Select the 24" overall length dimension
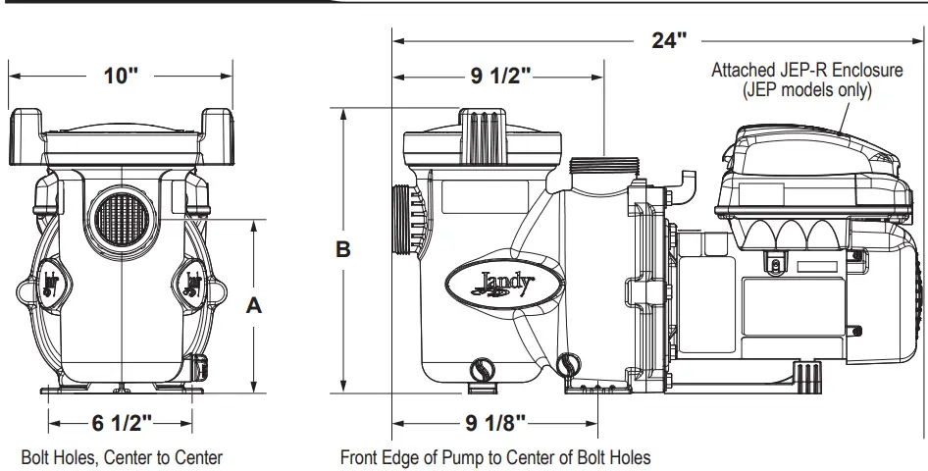coord(669,40)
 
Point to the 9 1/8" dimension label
coord(493,423)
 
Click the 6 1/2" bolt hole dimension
coord(122,423)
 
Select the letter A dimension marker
coord(253,305)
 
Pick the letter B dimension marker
coord(343,250)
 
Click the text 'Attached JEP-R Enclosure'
coord(804,70)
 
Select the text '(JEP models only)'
coord(806,89)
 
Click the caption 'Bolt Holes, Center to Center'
coord(122,457)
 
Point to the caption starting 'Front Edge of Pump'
coord(495,457)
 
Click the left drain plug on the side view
coord(481,370)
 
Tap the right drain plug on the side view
coord(568,366)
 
